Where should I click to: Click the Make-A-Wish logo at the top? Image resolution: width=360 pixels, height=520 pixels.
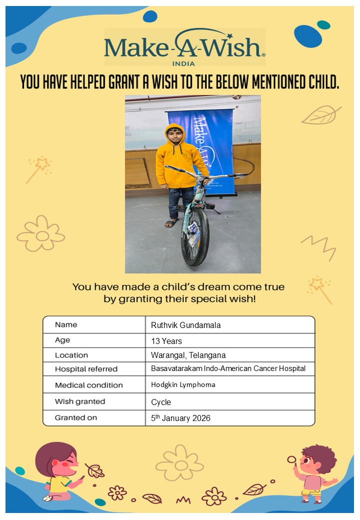click(184, 46)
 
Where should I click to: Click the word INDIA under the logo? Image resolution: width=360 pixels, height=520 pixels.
click(183, 63)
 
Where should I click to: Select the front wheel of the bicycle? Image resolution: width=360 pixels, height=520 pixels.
click(194, 236)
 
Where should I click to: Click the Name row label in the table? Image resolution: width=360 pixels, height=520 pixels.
click(66, 324)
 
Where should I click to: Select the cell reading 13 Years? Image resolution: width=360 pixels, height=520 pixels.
click(166, 341)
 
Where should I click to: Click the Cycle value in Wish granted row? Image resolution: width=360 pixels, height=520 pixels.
click(161, 402)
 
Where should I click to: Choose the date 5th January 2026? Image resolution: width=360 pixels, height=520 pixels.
click(181, 418)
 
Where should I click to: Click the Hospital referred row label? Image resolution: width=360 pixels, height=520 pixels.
click(86, 369)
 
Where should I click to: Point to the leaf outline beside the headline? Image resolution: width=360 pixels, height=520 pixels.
click(320, 115)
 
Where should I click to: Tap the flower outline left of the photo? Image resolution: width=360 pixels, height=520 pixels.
click(41, 234)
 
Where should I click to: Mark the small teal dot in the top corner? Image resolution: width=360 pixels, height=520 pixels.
click(323, 24)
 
